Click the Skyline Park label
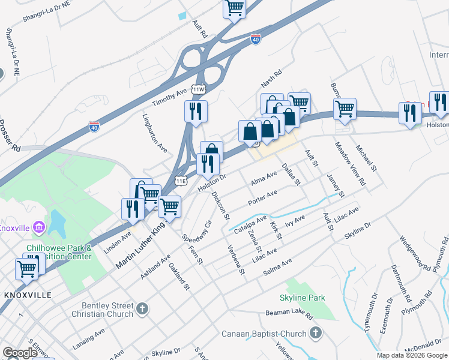pos(302,298)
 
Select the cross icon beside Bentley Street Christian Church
pos(142,309)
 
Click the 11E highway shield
pos(181,181)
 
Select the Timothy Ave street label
pos(170,98)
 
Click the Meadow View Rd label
pos(350,163)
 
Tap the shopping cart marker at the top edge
pos(234,8)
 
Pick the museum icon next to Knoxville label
pos(40,227)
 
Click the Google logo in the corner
pos(20,353)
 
